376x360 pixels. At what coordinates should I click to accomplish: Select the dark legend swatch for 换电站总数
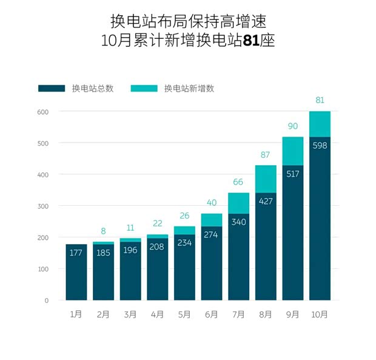52,88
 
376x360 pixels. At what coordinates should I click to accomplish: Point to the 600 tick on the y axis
42,112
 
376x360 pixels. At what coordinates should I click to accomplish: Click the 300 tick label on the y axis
42,206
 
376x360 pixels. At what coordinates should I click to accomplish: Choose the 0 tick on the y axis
46,301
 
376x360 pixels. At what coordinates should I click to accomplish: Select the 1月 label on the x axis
76,314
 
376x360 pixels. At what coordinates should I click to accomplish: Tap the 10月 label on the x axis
320,314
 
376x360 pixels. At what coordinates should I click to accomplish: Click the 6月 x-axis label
212,314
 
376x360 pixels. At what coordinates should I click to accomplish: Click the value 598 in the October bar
320,145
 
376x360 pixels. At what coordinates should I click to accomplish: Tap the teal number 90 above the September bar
293,126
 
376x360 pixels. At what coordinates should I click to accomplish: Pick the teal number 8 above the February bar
104,231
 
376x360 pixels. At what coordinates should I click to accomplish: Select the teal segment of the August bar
266,178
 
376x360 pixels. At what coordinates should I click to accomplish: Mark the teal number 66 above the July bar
239,182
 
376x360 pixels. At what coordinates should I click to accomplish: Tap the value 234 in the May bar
185,242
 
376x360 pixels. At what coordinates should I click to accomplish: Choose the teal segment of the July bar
239,203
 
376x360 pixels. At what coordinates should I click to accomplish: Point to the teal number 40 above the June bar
212,202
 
